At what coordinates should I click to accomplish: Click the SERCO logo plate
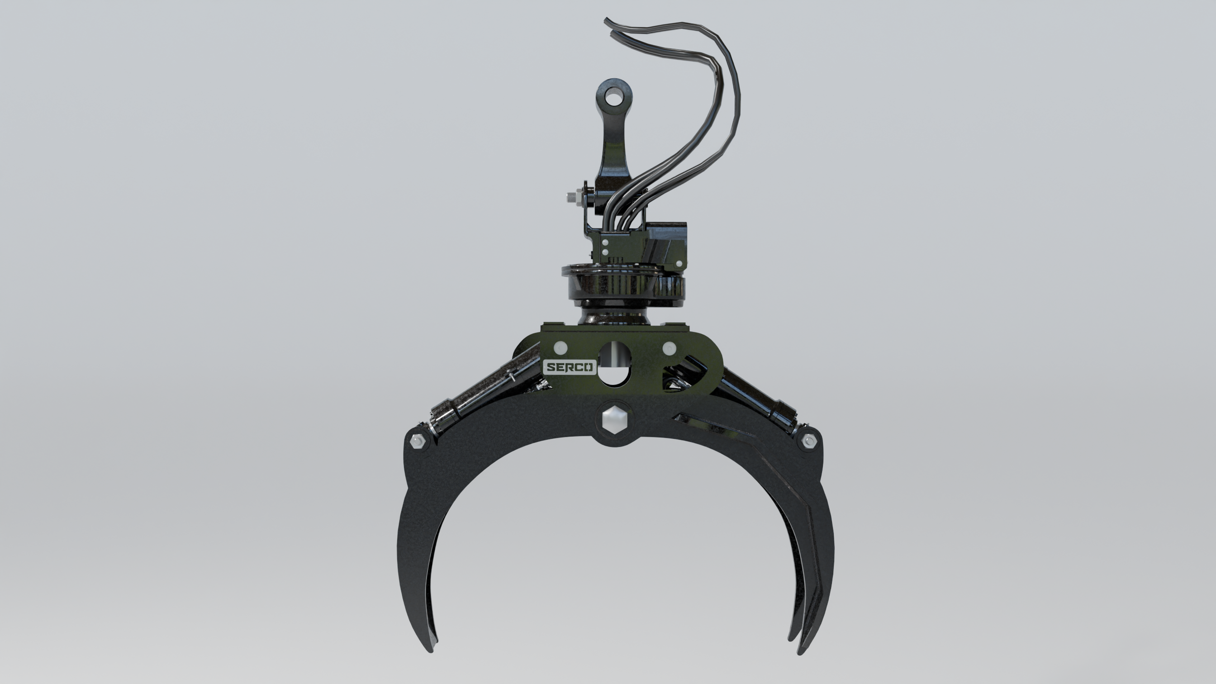570,367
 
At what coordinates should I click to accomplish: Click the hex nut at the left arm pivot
417,442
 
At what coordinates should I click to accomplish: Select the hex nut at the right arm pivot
808,441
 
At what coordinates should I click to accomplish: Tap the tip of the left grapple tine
431,651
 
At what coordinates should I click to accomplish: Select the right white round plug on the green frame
669,348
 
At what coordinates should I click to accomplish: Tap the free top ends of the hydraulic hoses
609,26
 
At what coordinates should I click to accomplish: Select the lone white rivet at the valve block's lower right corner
679,263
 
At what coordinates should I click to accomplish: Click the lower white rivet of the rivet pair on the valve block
605,253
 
